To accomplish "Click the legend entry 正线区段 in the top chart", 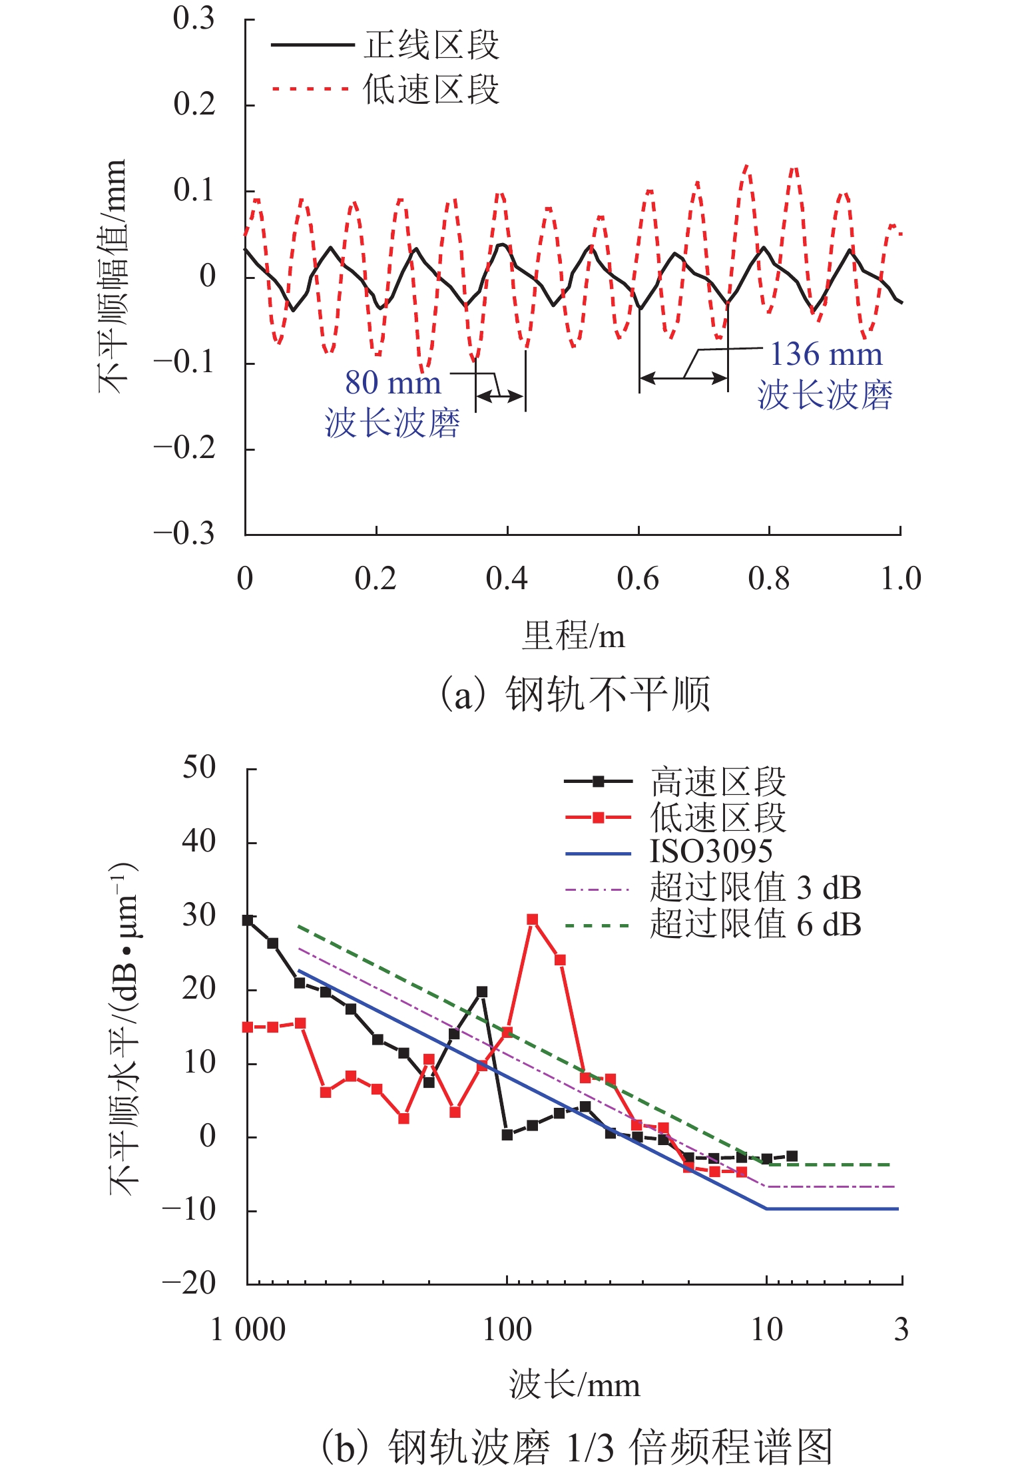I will [x=431, y=45].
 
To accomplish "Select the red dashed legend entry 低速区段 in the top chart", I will [x=431, y=89].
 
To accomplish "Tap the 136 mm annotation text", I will [x=826, y=354].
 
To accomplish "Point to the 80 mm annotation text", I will [x=393, y=383].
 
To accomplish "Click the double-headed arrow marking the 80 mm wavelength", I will [x=501, y=396].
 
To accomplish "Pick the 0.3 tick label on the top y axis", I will [x=194, y=19].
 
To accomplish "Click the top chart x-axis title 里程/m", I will [x=573, y=636].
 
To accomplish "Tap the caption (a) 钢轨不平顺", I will [x=575, y=694].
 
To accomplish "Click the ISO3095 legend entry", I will [x=711, y=852].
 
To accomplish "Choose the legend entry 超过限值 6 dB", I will [x=755, y=925].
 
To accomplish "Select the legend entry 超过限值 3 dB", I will [x=755, y=888].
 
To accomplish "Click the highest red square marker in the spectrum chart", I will [x=532, y=919].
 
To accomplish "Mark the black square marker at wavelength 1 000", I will [x=248, y=920].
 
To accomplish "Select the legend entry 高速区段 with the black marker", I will [x=718, y=782].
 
